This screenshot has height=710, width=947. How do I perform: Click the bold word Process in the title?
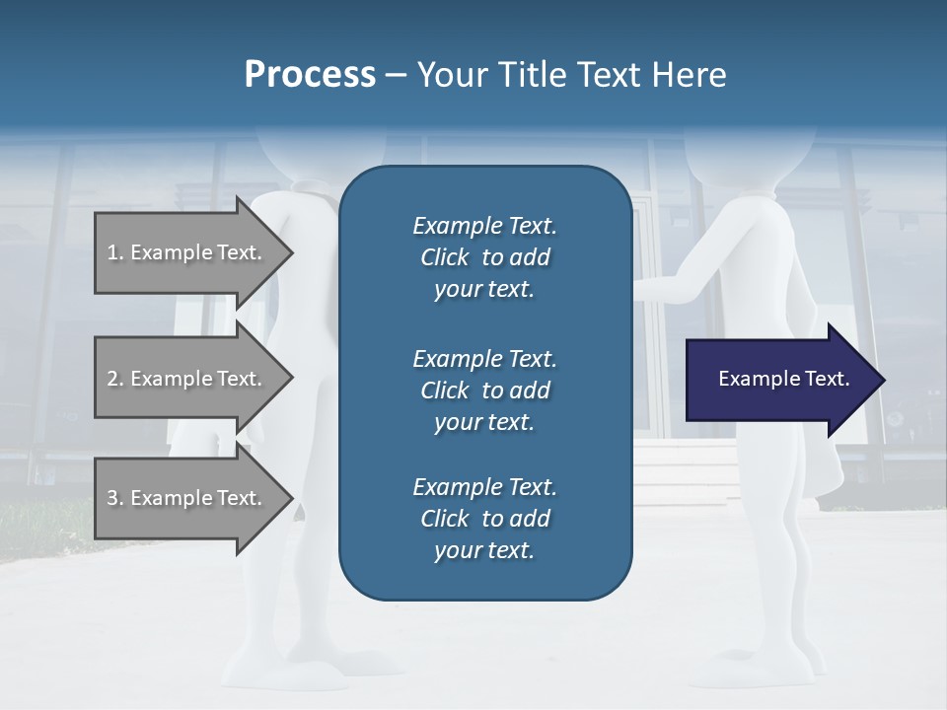(x=310, y=75)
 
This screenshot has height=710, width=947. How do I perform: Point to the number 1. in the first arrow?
(x=115, y=252)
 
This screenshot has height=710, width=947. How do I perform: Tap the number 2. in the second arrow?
(x=115, y=379)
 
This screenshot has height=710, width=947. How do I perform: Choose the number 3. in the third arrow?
(x=115, y=498)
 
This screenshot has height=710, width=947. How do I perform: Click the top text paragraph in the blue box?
(x=484, y=257)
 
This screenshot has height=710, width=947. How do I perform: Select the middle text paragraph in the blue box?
(x=484, y=390)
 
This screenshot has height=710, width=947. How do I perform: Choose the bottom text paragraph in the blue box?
(x=484, y=519)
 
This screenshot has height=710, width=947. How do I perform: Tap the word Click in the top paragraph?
(x=444, y=257)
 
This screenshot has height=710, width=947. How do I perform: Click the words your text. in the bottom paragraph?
(x=484, y=550)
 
